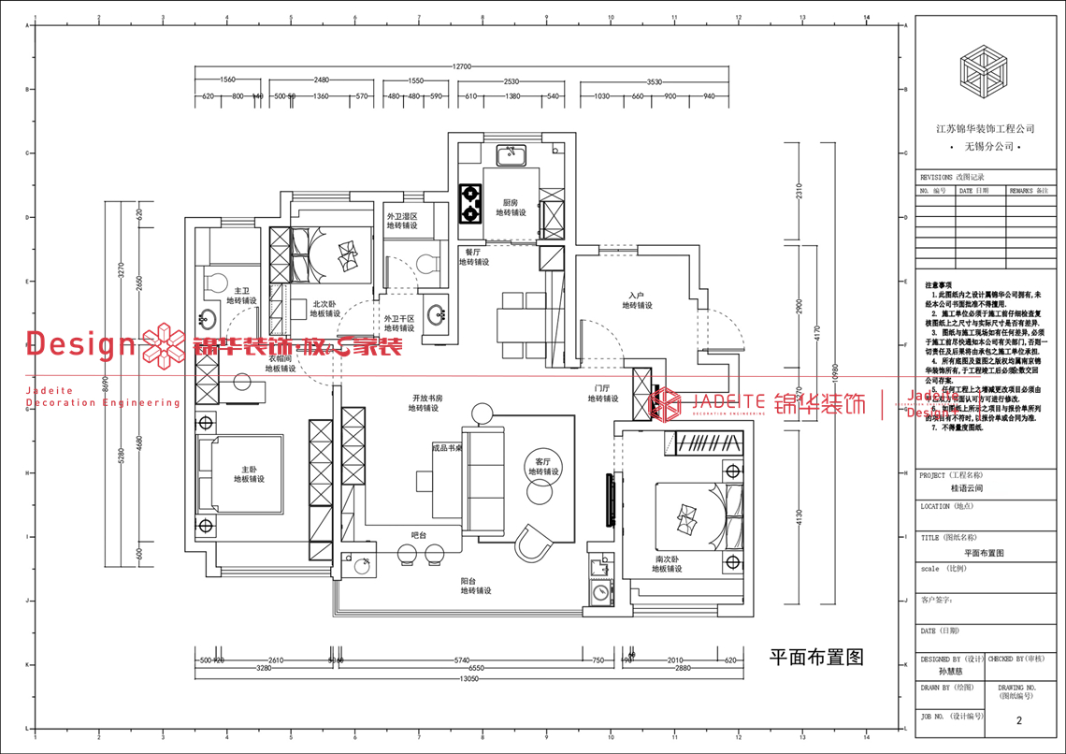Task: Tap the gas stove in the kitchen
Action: click(x=470, y=204)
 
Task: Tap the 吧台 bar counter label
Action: click(x=419, y=535)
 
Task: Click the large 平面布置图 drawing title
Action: click(x=815, y=656)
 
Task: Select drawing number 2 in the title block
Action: click(x=1018, y=720)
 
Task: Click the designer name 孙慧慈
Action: click(x=950, y=671)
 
